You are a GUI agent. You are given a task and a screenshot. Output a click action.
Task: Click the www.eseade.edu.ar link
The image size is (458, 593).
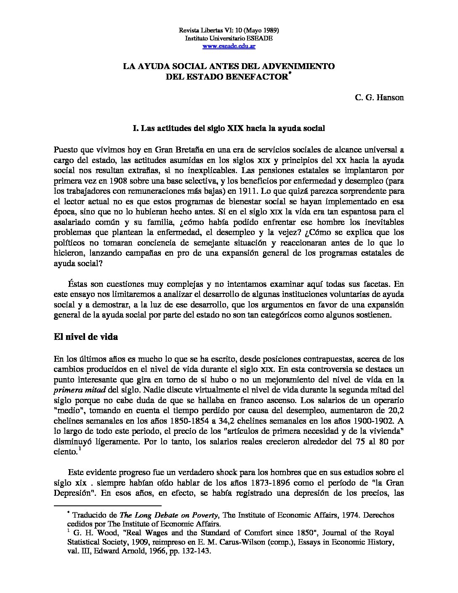tap(229, 46)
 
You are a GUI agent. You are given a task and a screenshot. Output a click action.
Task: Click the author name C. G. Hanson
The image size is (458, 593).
tap(379, 98)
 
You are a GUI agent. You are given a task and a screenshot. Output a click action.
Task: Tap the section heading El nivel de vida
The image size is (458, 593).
tap(86, 337)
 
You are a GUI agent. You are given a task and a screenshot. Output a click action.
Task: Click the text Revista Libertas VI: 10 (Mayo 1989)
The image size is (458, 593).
tap(229, 30)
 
